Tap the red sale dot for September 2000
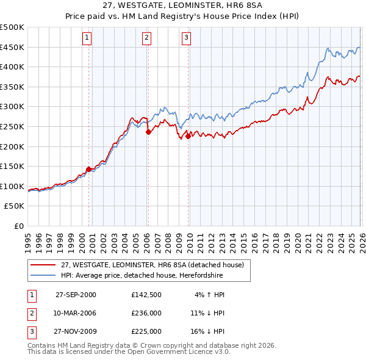coord(89,169)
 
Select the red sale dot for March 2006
coord(148,132)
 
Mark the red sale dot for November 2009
coord(188,137)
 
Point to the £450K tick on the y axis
coord(12,47)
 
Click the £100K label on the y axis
coord(12,186)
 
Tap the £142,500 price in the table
coord(146,294)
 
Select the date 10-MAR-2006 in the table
coord(76,313)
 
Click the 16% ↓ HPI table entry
coord(207,331)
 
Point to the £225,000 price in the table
coord(146,331)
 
